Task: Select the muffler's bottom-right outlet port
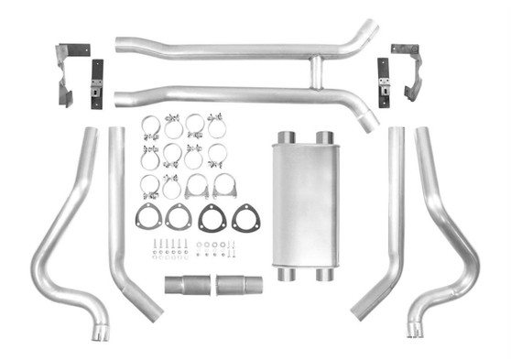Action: (324, 274)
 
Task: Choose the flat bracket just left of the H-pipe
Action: (96, 83)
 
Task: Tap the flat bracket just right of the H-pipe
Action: (384, 82)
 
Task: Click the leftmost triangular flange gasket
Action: (147, 218)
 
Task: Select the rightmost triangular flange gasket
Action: (245, 218)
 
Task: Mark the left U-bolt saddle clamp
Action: (196, 187)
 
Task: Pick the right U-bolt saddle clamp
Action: (223, 187)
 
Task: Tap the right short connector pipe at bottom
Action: (239, 284)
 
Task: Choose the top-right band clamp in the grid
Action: (217, 125)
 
